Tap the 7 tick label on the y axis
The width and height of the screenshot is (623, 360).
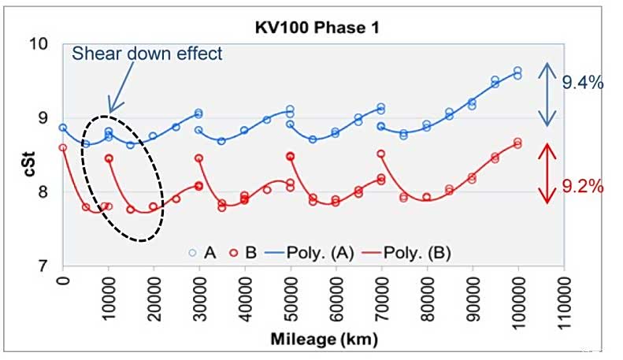(46, 266)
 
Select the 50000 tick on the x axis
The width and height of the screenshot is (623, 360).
(291, 292)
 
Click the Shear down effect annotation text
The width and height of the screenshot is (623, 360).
(147, 54)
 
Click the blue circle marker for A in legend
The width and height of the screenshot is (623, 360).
(191, 252)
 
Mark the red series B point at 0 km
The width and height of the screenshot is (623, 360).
(63, 147)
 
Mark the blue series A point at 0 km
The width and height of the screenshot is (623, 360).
(63, 128)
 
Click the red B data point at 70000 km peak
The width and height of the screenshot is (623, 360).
(381, 154)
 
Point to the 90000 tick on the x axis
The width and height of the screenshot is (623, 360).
(473, 292)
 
